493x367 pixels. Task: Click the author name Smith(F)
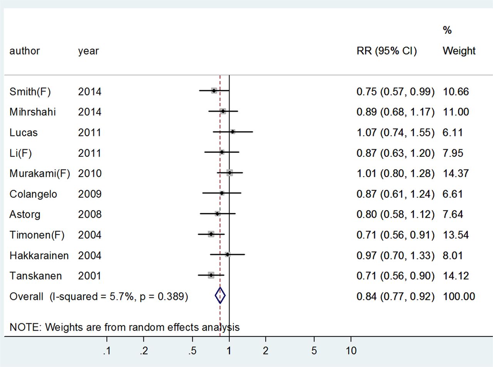point(30,92)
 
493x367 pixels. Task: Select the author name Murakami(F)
point(40,173)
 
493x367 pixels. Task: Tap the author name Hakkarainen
point(39,255)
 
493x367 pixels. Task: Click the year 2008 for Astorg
point(90,214)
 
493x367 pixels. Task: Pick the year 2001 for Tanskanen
point(89,276)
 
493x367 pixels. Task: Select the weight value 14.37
point(456,173)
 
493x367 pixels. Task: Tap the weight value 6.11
point(453,133)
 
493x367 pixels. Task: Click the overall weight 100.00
point(459,296)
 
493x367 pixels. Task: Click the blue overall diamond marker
point(220,296)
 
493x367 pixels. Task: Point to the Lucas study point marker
point(233,131)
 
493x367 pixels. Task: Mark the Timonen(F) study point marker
point(211,234)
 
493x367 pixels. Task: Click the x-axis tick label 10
point(351,351)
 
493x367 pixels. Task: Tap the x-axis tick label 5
point(314,351)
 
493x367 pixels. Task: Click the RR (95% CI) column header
point(387,51)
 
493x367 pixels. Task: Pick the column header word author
point(25,51)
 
